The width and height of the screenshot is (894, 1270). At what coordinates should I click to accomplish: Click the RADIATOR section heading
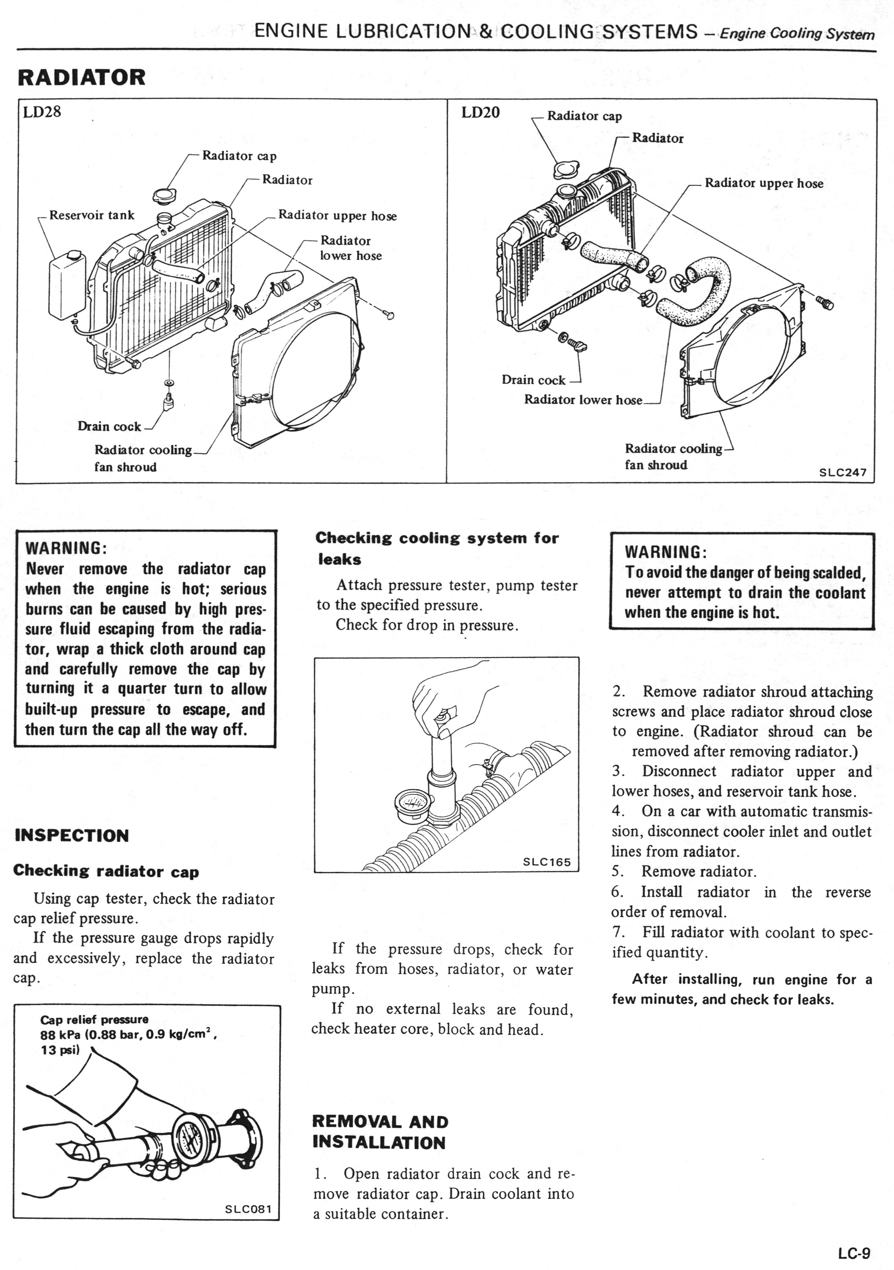[x=81, y=77]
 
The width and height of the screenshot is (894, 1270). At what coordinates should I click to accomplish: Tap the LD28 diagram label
[x=42, y=112]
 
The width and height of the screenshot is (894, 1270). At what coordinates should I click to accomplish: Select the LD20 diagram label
[x=480, y=113]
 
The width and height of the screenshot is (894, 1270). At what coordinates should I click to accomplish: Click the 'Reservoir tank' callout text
[x=92, y=215]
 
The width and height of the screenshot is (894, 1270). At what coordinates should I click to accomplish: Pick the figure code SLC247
[x=843, y=472]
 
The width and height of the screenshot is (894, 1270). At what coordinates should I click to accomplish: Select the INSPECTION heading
[x=72, y=835]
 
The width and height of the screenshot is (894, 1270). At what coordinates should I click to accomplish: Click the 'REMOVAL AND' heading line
[x=380, y=1122]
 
